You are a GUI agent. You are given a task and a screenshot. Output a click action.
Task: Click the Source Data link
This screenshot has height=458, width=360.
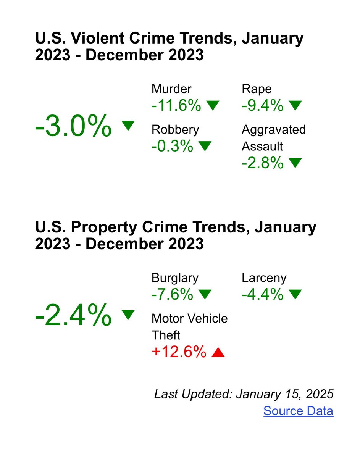tap(298, 411)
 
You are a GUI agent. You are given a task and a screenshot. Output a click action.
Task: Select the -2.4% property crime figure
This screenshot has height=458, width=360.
tap(73, 315)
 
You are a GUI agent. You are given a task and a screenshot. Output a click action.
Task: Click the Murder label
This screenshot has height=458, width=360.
tap(171, 89)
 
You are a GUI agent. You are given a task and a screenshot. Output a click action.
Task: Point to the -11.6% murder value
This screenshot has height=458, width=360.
tap(176, 106)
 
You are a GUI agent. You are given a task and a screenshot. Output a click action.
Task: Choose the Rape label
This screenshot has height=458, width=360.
tap(257, 89)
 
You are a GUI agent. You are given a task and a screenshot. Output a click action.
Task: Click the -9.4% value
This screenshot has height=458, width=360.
tap(262, 106)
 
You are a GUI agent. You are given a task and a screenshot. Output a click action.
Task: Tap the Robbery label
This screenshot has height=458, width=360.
tap(175, 129)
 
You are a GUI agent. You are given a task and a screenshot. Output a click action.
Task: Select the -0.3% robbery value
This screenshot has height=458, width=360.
tap(172, 146)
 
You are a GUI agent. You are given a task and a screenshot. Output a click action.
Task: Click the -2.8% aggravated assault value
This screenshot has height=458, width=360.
tap(262, 163)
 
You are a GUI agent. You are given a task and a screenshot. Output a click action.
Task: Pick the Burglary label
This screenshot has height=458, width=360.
tap(175, 278)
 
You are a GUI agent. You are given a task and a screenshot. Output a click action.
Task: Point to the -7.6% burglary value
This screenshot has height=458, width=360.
tap(172, 294)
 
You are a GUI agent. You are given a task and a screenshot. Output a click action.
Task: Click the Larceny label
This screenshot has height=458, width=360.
tap(264, 278)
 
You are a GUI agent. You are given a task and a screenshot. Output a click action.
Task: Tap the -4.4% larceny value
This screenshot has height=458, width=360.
tap(262, 294)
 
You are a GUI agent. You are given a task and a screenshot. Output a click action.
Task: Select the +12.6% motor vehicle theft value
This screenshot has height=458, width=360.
tap(179, 352)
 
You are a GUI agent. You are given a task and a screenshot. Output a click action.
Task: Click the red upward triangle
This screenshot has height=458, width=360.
tap(218, 353)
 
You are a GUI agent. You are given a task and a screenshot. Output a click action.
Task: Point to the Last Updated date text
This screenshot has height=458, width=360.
tap(244, 394)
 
